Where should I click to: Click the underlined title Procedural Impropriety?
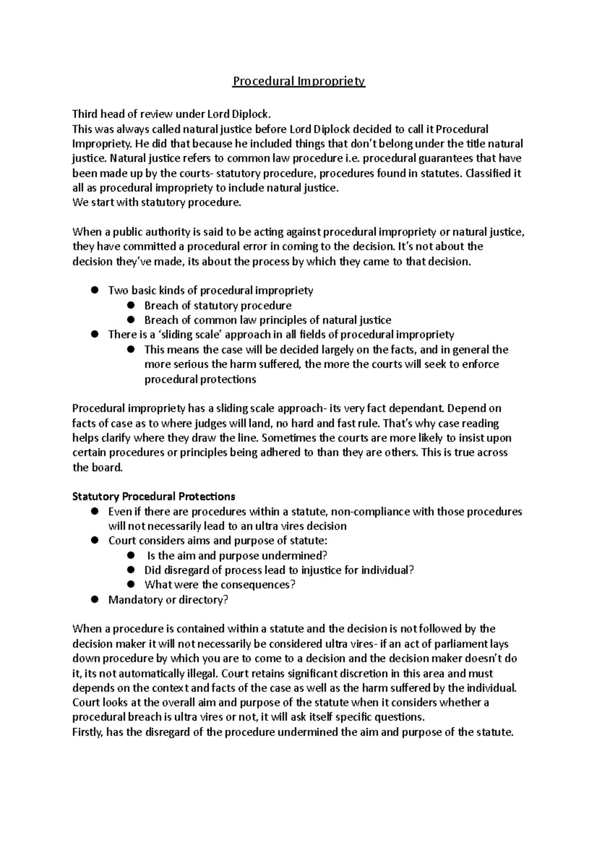click(x=298, y=81)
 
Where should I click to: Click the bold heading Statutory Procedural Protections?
click(x=154, y=497)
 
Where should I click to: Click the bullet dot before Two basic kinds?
click(x=94, y=290)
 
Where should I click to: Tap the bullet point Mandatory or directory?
click(x=168, y=600)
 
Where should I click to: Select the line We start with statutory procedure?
click(x=157, y=203)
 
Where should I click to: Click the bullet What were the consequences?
click(x=219, y=585)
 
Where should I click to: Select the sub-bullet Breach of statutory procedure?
click(x=217, y=306)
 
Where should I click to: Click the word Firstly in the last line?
click(x=88, y=733)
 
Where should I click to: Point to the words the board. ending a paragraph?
click(x=97, y=468)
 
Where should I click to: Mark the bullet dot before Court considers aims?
click(x=94, y=541)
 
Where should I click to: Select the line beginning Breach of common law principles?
click(x=267, y=320)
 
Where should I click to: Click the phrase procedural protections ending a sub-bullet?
click(x=200, y=380)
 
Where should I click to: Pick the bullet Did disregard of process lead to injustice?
click(x=279, y=570)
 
